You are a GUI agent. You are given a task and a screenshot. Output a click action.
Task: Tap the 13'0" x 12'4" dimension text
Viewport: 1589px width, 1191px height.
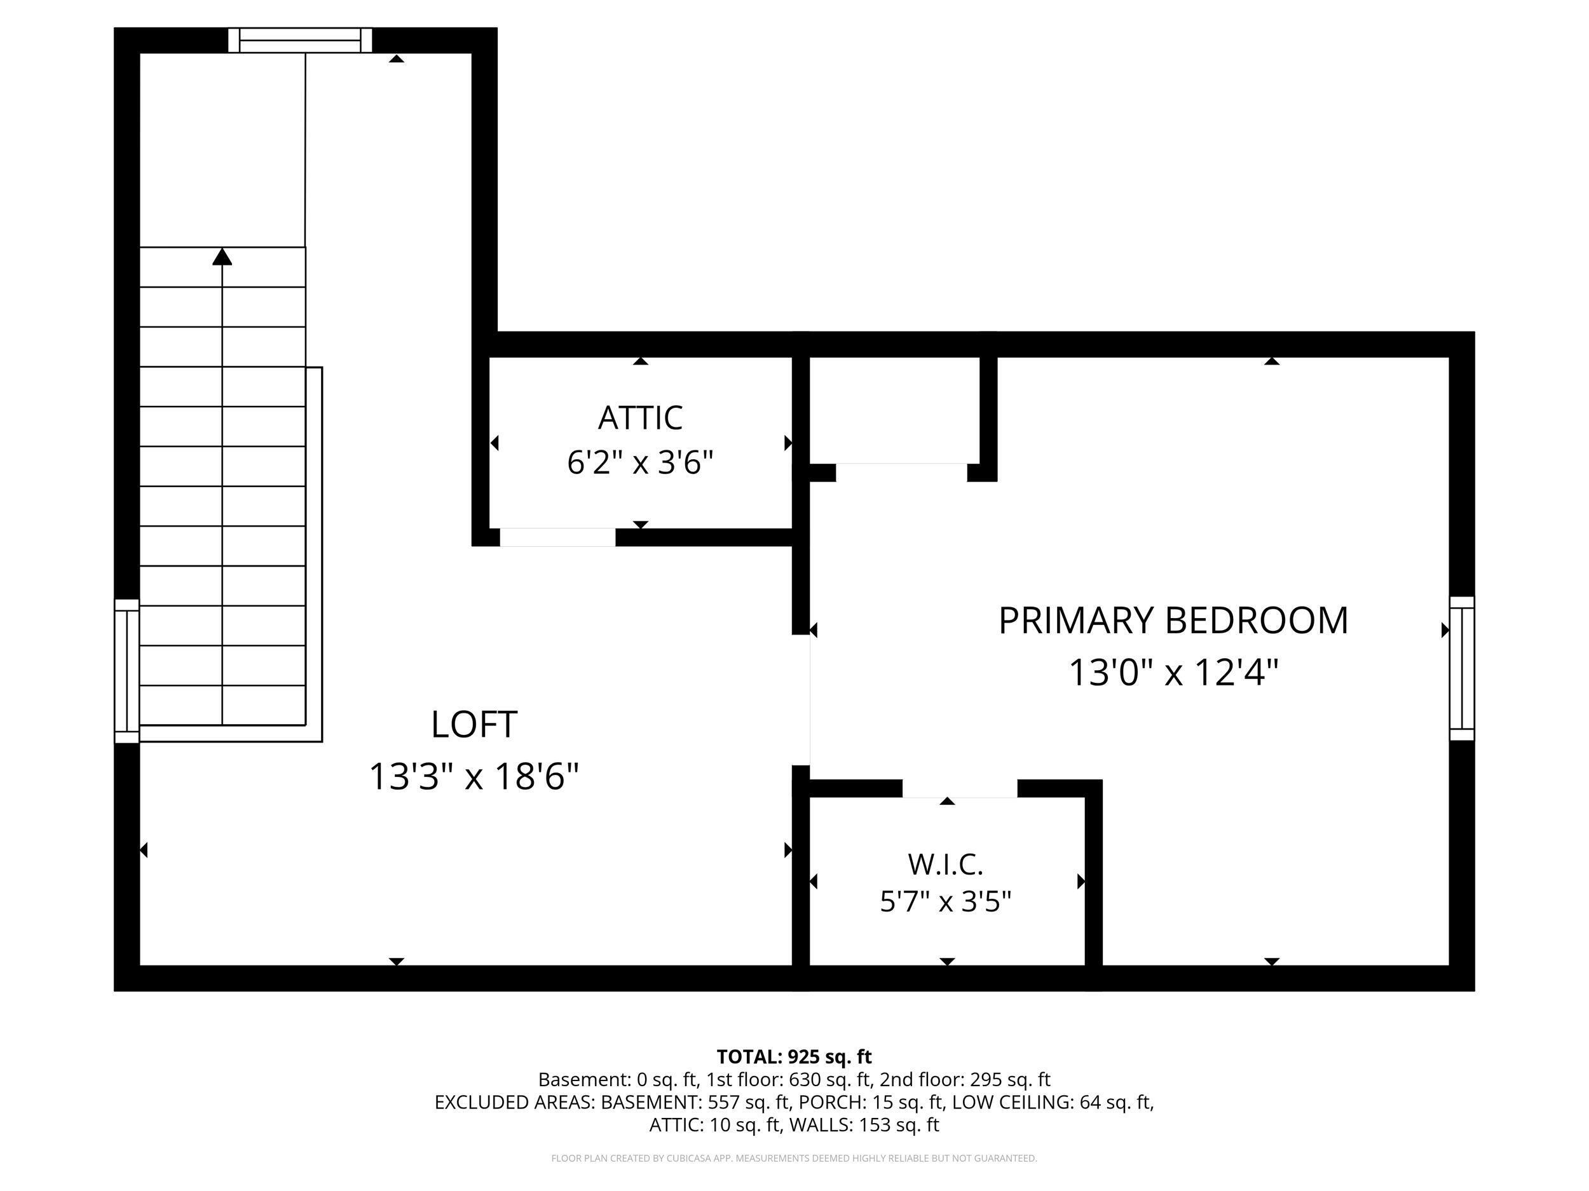point(1174,673)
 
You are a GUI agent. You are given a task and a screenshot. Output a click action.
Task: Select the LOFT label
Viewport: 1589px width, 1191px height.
point(474,724)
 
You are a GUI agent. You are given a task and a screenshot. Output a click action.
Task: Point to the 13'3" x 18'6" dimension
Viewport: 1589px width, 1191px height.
point(474,777)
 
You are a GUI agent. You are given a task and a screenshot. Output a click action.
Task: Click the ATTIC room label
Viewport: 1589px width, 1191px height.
point(640,418)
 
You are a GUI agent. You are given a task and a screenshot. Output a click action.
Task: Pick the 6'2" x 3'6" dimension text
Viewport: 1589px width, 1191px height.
point(640,462)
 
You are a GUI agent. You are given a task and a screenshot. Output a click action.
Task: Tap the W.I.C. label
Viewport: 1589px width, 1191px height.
point(945,865)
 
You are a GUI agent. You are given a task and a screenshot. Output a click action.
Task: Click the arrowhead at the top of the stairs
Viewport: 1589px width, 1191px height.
point(222,256)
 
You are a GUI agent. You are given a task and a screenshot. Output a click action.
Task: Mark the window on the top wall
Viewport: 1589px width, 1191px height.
point(300,40)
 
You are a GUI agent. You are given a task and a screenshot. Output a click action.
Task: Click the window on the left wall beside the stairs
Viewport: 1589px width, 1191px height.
point(127,671)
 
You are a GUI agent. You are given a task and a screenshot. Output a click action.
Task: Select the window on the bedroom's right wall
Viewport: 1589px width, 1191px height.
point(1462,668)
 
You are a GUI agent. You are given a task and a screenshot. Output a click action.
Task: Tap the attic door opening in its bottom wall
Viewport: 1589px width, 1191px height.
point(557,537)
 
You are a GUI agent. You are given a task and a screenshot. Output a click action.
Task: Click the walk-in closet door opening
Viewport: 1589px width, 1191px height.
point(960,788)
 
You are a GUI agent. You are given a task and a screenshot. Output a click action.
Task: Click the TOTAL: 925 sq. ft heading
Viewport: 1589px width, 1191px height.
point(794,1058)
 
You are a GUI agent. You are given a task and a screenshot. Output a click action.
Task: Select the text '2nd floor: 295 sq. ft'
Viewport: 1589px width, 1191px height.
point(965,1080)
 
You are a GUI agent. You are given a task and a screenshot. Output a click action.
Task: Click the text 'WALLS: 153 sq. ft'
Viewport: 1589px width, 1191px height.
point(864,1125)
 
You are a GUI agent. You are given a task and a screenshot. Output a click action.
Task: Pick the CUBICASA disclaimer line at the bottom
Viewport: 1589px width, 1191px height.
point(794,1158)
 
